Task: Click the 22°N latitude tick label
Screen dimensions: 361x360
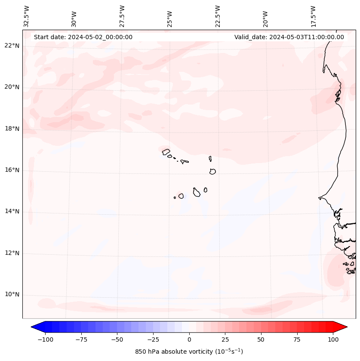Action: [12, 46]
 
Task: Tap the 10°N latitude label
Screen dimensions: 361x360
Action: [12, 295]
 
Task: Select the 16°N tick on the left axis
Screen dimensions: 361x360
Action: [12, 170]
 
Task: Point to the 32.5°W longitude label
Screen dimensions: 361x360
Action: [27, 16]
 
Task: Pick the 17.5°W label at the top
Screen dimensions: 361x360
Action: [313, 16]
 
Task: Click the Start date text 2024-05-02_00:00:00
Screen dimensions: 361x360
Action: [83, 37]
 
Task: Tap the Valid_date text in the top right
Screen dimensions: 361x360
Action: [289, 37]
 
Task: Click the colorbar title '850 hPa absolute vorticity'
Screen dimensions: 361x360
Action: [189, 352]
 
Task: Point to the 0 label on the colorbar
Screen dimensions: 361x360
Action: [189, 339]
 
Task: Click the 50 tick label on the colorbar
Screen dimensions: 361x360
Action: [261, 339]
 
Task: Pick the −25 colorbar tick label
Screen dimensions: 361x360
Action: [153, 339]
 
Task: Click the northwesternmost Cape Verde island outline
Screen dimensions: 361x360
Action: [166, 151]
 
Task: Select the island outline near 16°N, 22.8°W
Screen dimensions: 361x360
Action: [212, 171]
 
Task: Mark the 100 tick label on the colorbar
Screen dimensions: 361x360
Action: [333, 339]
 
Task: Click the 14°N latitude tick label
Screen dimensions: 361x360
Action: [12, 212]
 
